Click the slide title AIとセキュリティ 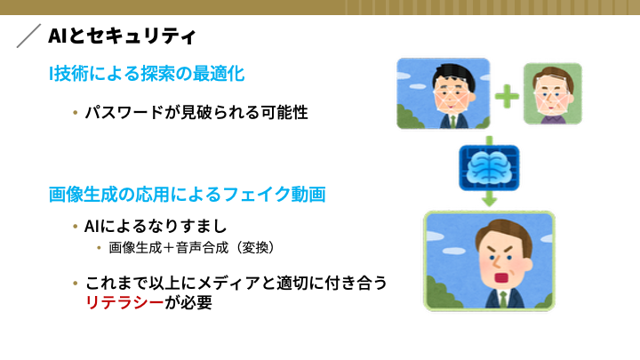coord(122,36)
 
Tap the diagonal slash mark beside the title coord(28,36)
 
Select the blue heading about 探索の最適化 coord(147,74)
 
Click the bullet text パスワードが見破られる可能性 coord(196,112)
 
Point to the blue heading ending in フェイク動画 coord(187,195)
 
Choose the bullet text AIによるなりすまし coord(155,226)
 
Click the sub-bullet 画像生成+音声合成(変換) coord(191,247)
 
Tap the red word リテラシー coord(124,302)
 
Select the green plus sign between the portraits coord(507,96)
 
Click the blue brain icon coord(489,168)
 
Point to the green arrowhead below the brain coord(489,200)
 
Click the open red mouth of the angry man coord(500,278)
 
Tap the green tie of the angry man coord(503,300)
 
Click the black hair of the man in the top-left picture coord(453,75)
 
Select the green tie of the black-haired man coord(452,121)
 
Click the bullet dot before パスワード coord(75,112)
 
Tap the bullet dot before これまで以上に coord(75,283)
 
